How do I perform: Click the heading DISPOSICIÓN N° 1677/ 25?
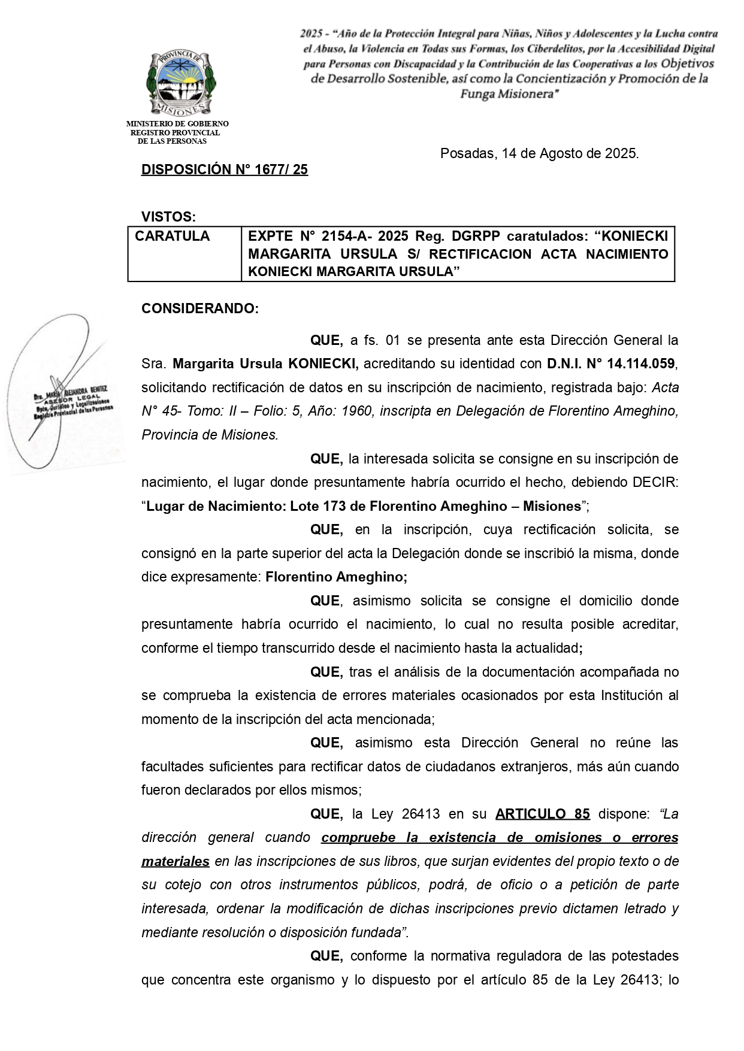coord(225,170)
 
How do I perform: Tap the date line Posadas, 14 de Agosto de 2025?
coord(539,154)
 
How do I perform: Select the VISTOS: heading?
coord(168,216)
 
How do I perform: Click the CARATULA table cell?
coord(173,237)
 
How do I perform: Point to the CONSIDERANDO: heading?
coord(200,309)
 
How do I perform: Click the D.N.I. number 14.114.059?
coord(640,364)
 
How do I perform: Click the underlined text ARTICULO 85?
coord(542,814)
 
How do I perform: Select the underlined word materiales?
coord(175,862)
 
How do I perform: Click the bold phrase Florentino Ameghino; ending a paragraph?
coord(336,577)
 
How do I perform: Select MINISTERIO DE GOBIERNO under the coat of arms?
coord(177,124)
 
